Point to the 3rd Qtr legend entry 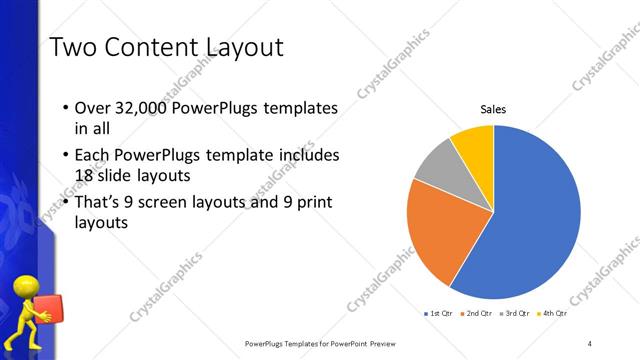515,314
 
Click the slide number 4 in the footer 590,343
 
